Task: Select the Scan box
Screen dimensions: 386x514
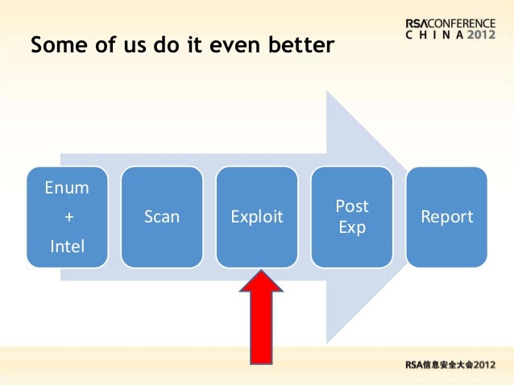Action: click(x=161, y=217)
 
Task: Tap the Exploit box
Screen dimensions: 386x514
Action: click(x=256, y=217)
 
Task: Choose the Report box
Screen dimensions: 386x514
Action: click(x=447, y=217)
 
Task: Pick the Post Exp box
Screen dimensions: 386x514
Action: click(x=352, y=217)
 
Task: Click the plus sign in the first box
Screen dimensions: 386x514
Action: click(x=67, y=217)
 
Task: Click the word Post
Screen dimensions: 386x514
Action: click(x=352, y=207)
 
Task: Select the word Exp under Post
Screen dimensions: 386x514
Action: click(x=352, y=227)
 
